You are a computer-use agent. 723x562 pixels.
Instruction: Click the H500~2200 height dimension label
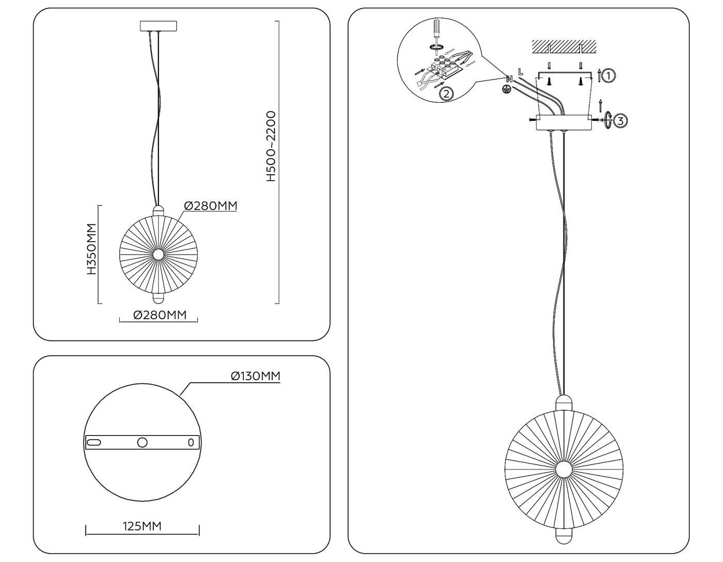271,146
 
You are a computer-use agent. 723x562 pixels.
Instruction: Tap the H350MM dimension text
91,249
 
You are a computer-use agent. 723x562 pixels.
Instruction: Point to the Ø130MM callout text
256,376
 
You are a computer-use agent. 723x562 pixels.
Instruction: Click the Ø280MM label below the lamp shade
160,315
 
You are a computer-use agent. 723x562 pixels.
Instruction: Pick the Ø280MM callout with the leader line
211,206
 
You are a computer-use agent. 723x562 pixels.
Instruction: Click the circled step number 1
608,76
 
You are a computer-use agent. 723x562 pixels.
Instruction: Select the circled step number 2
446,94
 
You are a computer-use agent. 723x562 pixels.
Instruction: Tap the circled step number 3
620,120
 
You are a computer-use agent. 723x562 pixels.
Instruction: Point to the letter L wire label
521,71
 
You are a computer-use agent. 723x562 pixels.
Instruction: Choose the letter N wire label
509,79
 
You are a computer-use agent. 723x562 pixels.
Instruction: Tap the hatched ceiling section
563,46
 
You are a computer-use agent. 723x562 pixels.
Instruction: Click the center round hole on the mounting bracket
143,442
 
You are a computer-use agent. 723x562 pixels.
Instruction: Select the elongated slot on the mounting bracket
93,442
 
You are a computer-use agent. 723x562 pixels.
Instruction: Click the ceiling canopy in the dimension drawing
159,26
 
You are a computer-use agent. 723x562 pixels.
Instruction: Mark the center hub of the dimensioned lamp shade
158,255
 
